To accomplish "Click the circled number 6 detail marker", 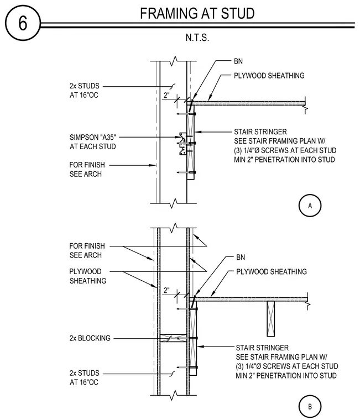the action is [23, 23].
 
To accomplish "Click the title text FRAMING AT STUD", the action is [197, 13].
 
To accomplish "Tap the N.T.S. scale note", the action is [197, 38].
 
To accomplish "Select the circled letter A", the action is [310, 206].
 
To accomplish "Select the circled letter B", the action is [310, 407].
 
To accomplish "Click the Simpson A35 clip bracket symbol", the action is [183, 144].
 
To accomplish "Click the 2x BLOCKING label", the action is [90, 338].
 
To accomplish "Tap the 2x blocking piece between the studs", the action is [174, 338].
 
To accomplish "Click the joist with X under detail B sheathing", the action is [271, 319].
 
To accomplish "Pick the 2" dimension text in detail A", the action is [166, 95].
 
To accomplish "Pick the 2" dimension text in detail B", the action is [166, 290].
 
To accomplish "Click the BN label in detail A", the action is [238, 61].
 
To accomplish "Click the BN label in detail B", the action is [241, 258].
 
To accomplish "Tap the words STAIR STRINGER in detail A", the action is [260, 132].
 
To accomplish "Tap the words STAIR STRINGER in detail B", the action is [262, 348].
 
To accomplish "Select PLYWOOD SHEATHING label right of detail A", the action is [269, 76].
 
